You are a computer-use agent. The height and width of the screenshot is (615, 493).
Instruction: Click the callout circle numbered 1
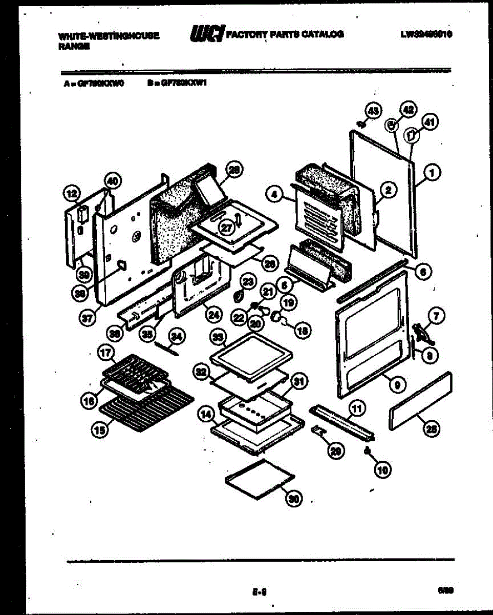(x=433, y=174)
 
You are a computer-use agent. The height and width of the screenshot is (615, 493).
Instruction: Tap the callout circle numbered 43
(x=373, y=111)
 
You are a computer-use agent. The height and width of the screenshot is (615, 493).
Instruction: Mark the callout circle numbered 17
(x=105, y=353)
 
